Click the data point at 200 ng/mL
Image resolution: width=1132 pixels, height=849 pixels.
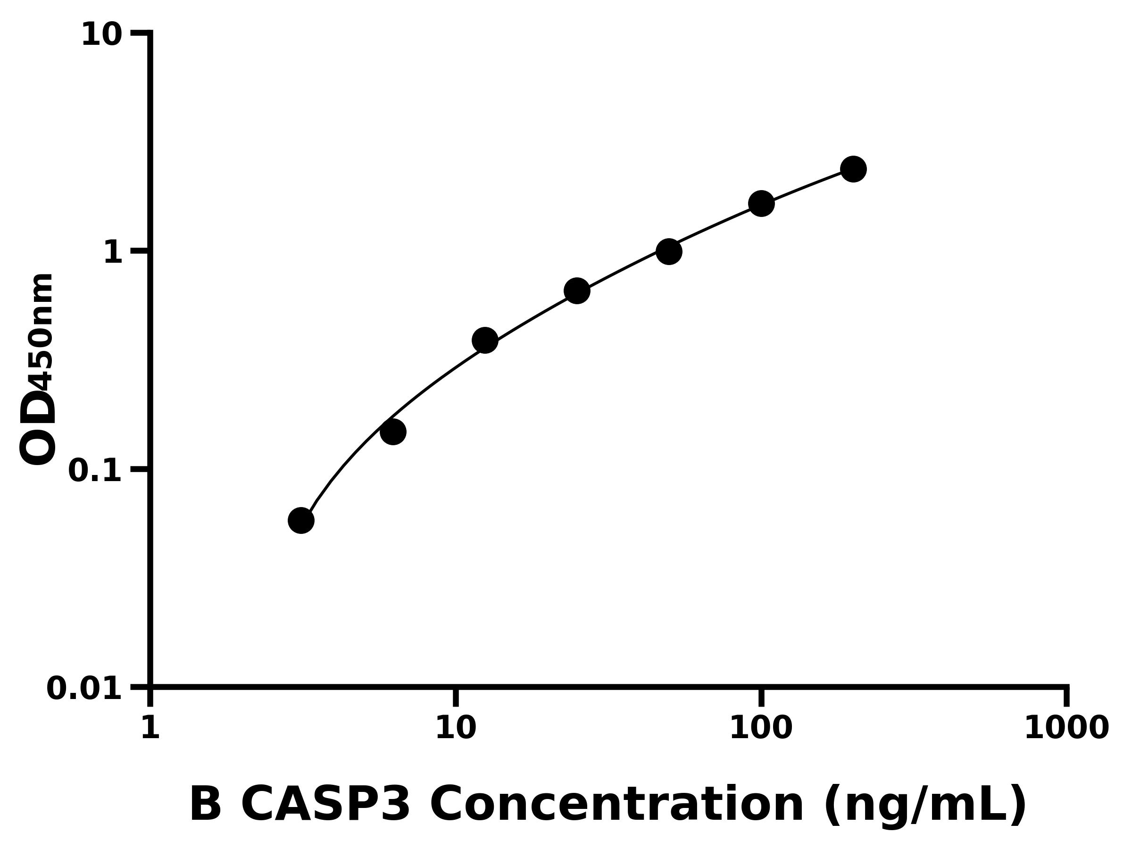(x=853, y=169)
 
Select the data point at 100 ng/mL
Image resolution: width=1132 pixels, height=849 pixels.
(x=761, y=204)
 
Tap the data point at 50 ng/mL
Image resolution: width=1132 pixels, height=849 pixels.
(x=669, y=251)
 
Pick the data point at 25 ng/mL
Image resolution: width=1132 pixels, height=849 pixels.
(x=577, y=291)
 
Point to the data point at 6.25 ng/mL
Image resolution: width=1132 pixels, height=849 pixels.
(x=393, y=432)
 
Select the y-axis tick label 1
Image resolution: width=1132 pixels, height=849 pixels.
(x=113, y=253)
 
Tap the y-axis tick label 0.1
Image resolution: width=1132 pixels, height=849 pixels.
(x=95, y=471)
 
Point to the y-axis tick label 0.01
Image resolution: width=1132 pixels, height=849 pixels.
(x=84, y=689)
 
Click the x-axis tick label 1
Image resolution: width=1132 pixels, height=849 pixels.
(x=150, y=728)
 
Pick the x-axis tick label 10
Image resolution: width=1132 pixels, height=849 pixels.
(x=456, y=728)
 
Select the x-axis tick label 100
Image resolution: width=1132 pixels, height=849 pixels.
(x=761, y=728)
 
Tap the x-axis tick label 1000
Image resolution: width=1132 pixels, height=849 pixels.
(x=1066, y=728)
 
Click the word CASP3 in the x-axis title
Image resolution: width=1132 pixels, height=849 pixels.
(x=325, y=805)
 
